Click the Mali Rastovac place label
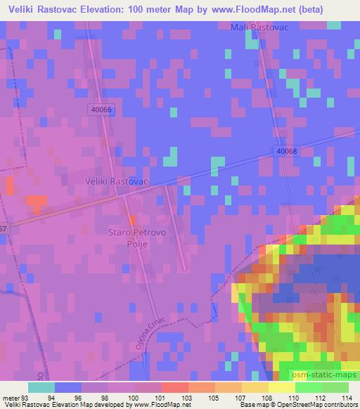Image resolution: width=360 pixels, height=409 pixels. coord(260,27)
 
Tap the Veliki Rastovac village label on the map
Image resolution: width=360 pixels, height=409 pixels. coord(115,181)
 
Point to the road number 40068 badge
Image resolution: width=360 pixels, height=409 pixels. coord(287,150)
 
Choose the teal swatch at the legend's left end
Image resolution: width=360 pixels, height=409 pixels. coord(41,387)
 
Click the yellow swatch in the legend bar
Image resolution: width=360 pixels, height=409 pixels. coord(281,387)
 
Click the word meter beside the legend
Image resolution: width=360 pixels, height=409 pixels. coord(8,398)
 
